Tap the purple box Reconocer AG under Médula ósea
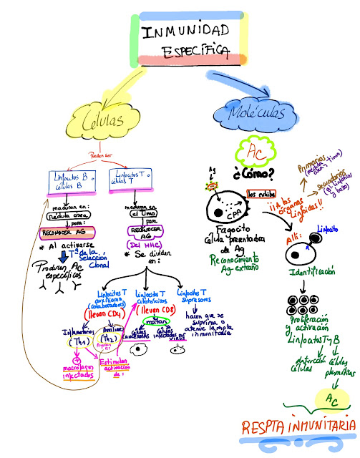click(x=67, y=231)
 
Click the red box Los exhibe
click(x=261, y=193)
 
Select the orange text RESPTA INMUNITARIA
click(x=297, y=427)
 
